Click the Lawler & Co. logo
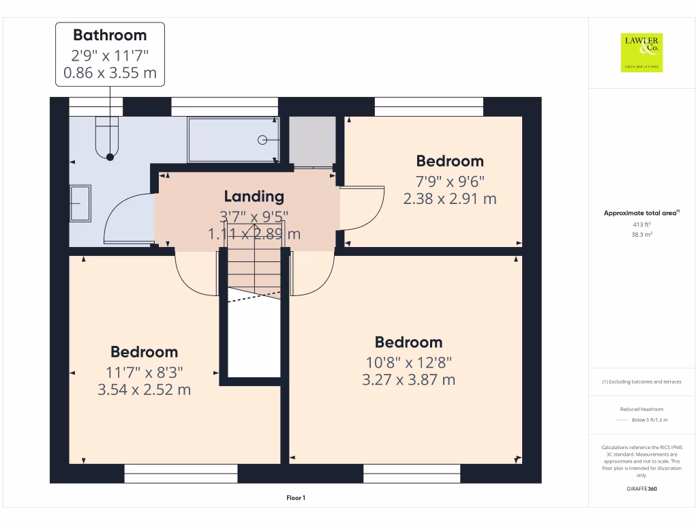[x=642, y=53]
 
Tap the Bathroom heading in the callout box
[x=110, y=35]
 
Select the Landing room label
[x=254, y=196]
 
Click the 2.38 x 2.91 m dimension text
[x=450, y=199]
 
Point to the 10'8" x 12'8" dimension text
[x=408, y=362]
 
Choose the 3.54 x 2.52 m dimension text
[x=144, y=390]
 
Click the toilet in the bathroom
[x=108, y=136]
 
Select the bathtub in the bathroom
[x=233, y=139]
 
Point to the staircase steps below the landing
[x=253, y=269]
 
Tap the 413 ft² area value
[x=641, y=224]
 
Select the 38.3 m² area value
[x=641, y=234]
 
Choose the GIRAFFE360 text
[x=641, y=489]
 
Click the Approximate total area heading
[x=640, y=214]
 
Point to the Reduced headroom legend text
[x=641, y=409]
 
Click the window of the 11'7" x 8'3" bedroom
[x=181, y=474]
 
